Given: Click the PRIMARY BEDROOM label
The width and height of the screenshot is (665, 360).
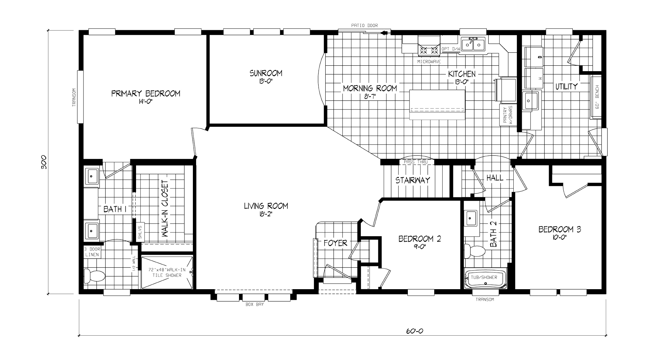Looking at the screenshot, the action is (146, 94).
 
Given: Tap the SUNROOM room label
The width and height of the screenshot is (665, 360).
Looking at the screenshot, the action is (266, 73).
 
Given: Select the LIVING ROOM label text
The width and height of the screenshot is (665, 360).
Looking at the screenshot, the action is (266, 206).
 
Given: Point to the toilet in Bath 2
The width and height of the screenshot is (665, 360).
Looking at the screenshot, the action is (474, 251).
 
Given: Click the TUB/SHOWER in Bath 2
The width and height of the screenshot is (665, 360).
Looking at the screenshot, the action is (485, 279).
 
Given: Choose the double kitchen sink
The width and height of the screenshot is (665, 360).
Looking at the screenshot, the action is (472, 44).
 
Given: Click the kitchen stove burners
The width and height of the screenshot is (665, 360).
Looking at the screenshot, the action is (429, 50).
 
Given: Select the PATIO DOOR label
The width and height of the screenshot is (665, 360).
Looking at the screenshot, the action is (364, 25).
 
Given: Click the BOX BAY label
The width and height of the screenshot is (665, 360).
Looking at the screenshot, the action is (255, 304).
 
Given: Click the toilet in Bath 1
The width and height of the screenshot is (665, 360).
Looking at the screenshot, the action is (94, 276).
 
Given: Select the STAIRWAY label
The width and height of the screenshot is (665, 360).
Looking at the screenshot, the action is (413, 180).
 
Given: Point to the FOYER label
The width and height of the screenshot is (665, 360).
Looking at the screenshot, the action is (335, 243).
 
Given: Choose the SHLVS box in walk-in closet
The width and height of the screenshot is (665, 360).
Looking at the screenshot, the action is (140, 232).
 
